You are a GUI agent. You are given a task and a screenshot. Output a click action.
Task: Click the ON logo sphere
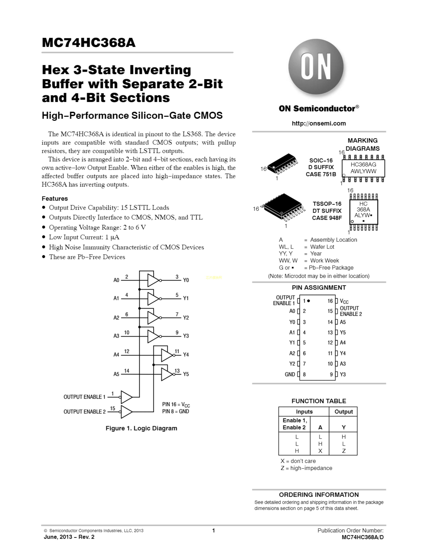pos(316,67)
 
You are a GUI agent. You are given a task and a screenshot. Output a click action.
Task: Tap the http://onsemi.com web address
pos(319,124)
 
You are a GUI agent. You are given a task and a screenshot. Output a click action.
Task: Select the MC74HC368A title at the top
pos(89,43)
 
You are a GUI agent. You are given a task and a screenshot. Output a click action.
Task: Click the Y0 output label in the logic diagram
pos(186,280)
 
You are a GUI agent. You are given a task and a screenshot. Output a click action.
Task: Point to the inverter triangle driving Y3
pos(153,336)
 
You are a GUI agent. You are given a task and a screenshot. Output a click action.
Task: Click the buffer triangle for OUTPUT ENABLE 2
pos(126,411)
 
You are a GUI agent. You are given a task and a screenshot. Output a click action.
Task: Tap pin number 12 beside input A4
pos(127,351)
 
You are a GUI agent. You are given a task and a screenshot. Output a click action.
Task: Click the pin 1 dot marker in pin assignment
pos(308,301)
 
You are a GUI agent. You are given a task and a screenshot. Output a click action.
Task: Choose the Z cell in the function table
pos(344,451)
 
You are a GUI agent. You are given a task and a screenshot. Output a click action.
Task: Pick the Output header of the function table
pos(344,411)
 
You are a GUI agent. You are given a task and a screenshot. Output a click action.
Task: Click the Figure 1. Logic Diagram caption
pos(141,428)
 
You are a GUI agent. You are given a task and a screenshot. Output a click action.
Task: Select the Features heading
pos(55,199)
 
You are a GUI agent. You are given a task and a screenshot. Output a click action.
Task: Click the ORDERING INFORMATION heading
pos(319,495)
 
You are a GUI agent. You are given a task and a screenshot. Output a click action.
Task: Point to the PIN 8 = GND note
pos(175,411)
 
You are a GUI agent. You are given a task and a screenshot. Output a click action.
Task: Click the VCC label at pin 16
pos(344,301)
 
